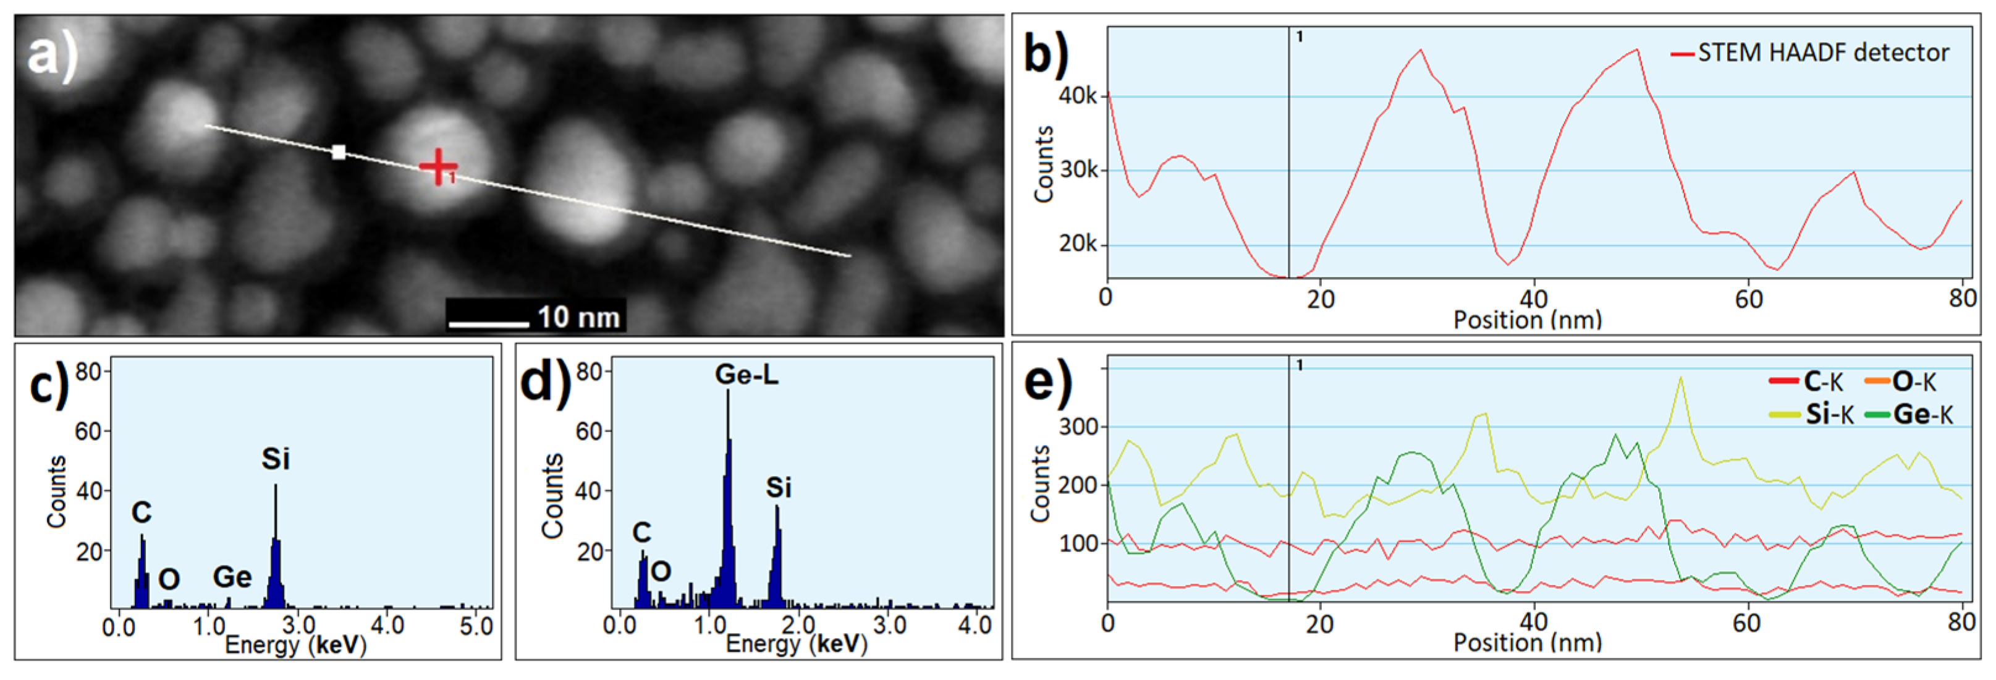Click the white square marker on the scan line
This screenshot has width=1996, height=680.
pyautogui.click(x=339, y=152)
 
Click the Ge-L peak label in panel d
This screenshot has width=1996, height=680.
pyautogui.click(x=746, y=375)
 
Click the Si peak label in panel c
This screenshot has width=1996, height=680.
pyautogui.click(x=275, y=459)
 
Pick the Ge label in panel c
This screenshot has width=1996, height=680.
pyautogui.click(x=232, y=577)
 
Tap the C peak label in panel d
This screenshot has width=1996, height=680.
pyautogui.click(x=641, y=533)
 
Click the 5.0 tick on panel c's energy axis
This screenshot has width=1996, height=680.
pyautogui.click(x=476, y=626)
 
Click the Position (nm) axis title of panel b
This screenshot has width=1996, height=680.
pyautogui.click(x=1527, y=320)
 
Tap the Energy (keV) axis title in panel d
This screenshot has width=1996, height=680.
pyautogui.click(x=797, y=644)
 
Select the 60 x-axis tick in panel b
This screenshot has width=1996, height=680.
pyautogui.click(x=1749, y=299)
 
